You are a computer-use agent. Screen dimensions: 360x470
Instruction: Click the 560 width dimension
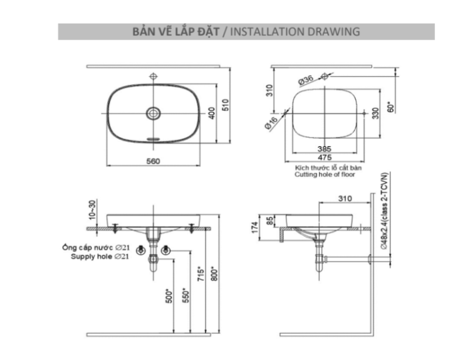pyautogui.click(x=154, y=161)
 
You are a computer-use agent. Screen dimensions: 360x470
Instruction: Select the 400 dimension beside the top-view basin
pyautogui.click(x=212, y=114)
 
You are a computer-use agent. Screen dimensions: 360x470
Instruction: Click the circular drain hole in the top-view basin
pyautogui.click(x=154, y=114)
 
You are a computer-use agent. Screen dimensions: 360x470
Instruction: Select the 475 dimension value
pyautogui.click(x=324, y=157)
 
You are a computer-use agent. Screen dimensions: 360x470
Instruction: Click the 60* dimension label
pyautogui.click(x=390, y=107)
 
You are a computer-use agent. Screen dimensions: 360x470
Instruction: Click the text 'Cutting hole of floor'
pyautogui.click(x=325, y=176)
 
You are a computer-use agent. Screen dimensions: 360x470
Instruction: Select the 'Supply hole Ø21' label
pyautogui.click(x=100, y=257)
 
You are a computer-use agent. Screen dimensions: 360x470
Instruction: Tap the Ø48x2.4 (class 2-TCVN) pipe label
pyautogui.click(x=384, y=212)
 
